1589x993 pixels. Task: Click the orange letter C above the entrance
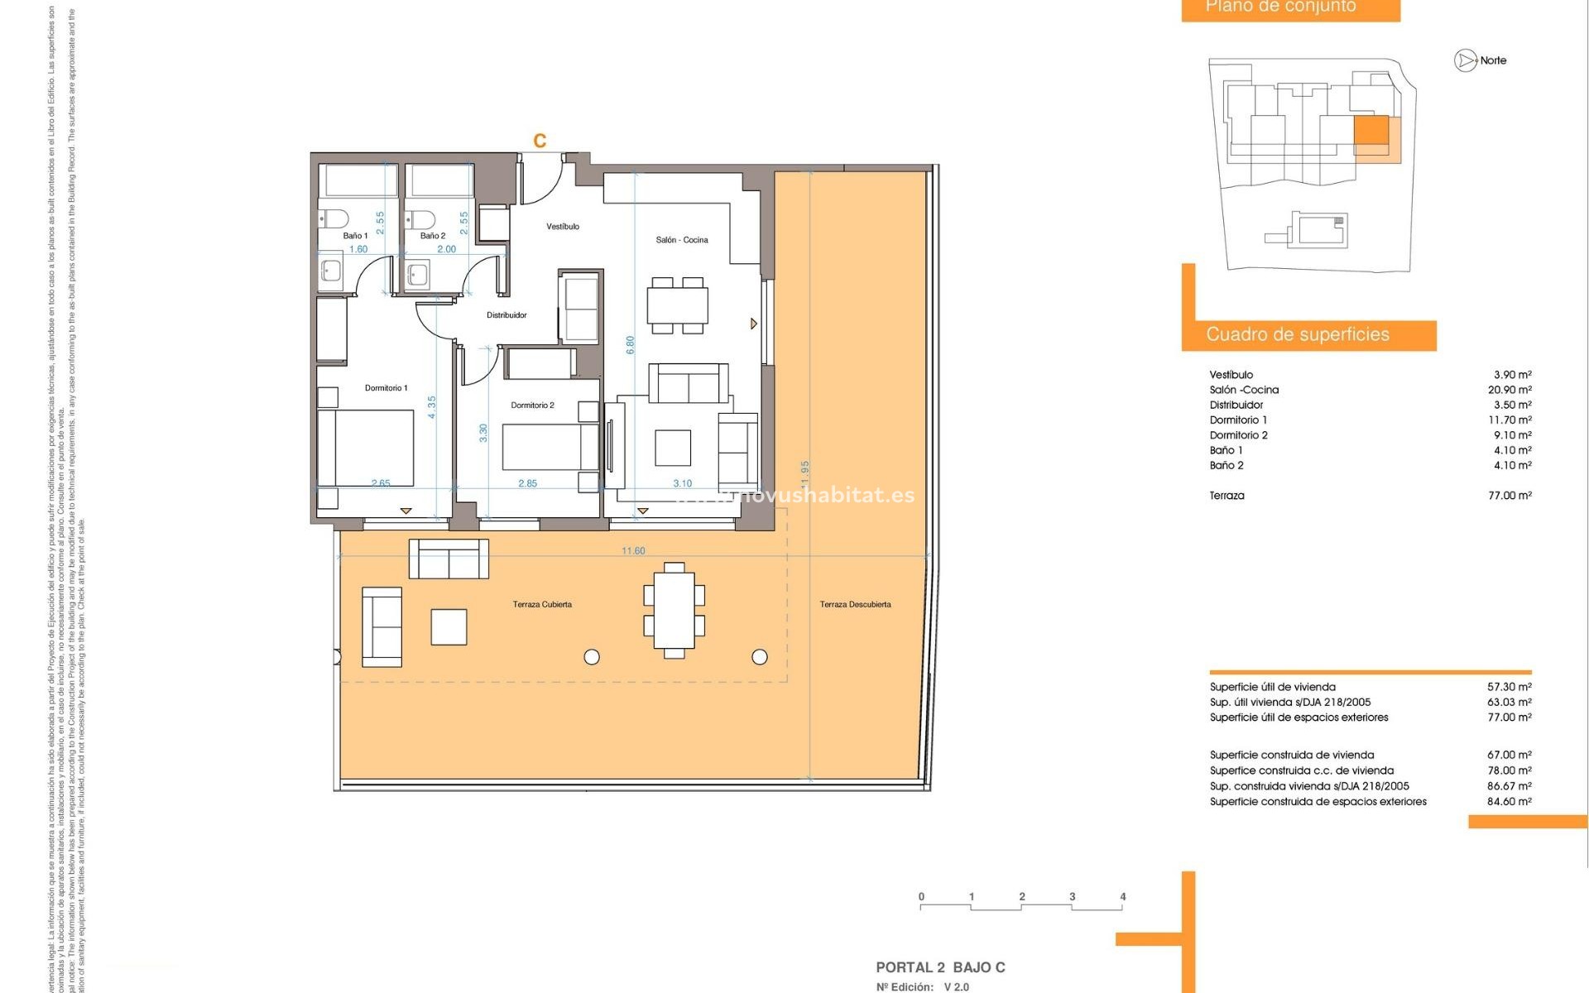point(540,141)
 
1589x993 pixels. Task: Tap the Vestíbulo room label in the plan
point(563,227)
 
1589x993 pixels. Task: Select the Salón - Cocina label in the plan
point(682,240)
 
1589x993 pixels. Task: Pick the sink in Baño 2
point(416,273)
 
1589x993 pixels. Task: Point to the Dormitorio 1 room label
point(386,388)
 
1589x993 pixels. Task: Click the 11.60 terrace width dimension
point(633,551)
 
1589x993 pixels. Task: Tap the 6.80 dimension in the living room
point(631,345)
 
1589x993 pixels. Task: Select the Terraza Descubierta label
point(855,605)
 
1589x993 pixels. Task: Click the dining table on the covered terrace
point(674,611)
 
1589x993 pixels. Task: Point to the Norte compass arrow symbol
point(1466,60)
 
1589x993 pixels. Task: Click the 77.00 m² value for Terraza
point(1510,496)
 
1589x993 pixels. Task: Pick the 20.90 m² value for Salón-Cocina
point(1510,390)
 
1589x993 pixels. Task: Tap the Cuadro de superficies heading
point(1297,334)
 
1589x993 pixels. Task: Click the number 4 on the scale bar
point(1122,897)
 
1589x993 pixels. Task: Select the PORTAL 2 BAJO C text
point(940,967)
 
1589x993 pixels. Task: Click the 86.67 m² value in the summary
point(1510,786)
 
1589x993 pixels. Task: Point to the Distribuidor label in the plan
point(506,315)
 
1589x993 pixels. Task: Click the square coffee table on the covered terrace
point(449,626)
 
